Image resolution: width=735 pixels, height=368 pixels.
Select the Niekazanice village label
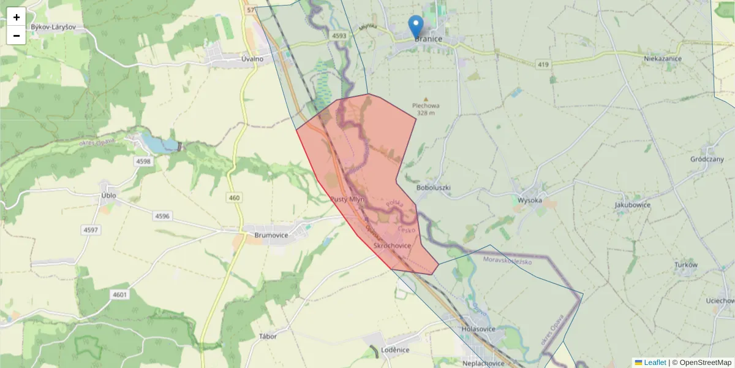click(x=663, y=58)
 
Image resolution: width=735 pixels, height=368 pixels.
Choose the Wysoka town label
click(x=530, y=200)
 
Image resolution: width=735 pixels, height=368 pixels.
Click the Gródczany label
click(x=707, y=159)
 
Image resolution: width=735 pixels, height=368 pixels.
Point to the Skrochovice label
click(x=392, y=245)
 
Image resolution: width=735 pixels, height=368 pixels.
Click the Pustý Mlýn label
click(x=347, y=200)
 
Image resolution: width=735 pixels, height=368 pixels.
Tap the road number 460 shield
click(x=234, y=197)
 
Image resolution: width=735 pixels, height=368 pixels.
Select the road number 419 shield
click(x=543, y=64)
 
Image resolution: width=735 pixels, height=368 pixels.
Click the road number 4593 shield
click(x=339, y=36)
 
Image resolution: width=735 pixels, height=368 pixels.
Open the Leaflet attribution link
click(x=654, y=362)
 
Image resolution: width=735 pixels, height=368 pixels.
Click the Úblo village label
click(x=108, y=196)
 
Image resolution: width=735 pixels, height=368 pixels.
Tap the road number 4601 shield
click(x=120, y=295)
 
